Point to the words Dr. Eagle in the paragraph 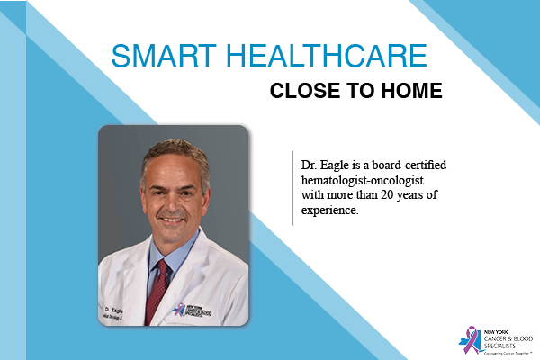(x=320, y=168)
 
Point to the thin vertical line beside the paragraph (x=293, y=186)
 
